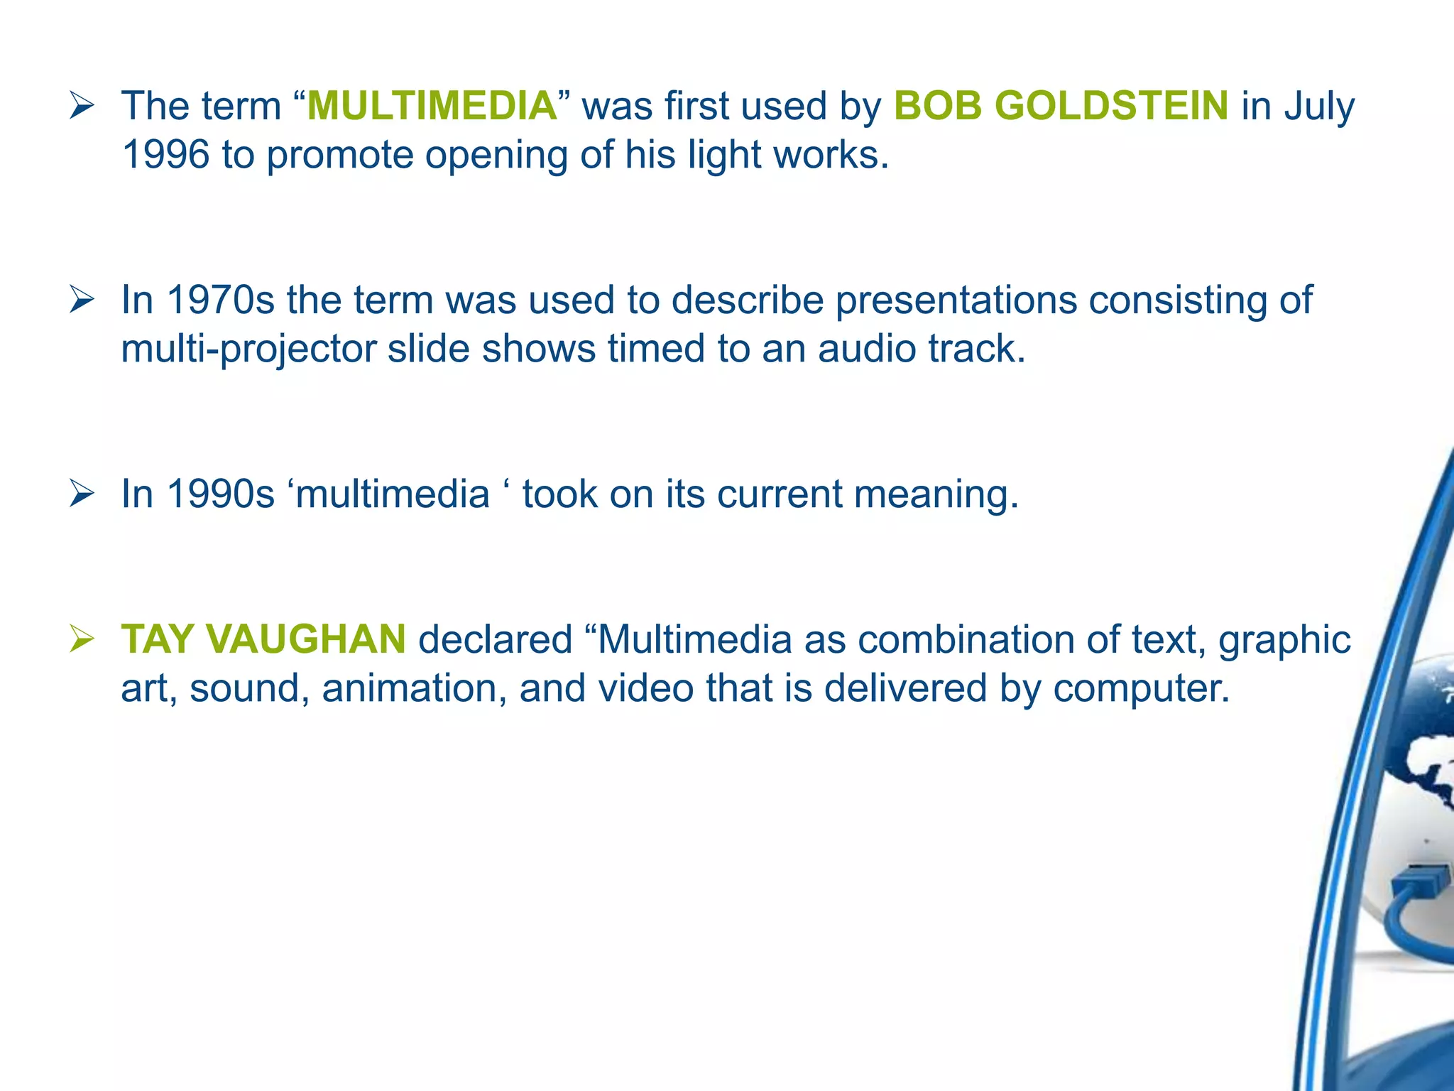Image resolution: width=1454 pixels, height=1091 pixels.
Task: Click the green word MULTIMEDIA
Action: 432,107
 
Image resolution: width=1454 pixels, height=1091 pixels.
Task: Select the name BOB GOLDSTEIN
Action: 1061,107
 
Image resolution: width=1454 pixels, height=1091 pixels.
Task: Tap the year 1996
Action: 165,155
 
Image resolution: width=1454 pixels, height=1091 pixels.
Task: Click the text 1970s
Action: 220,300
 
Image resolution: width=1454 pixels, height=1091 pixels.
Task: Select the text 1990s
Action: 220,494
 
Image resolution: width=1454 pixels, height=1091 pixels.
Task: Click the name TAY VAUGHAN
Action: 263,639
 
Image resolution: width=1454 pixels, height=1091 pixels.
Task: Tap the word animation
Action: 414,688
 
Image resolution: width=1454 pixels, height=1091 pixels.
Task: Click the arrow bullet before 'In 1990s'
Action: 82,496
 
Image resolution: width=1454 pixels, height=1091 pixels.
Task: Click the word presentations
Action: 956,300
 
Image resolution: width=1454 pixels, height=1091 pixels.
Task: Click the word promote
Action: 340,155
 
